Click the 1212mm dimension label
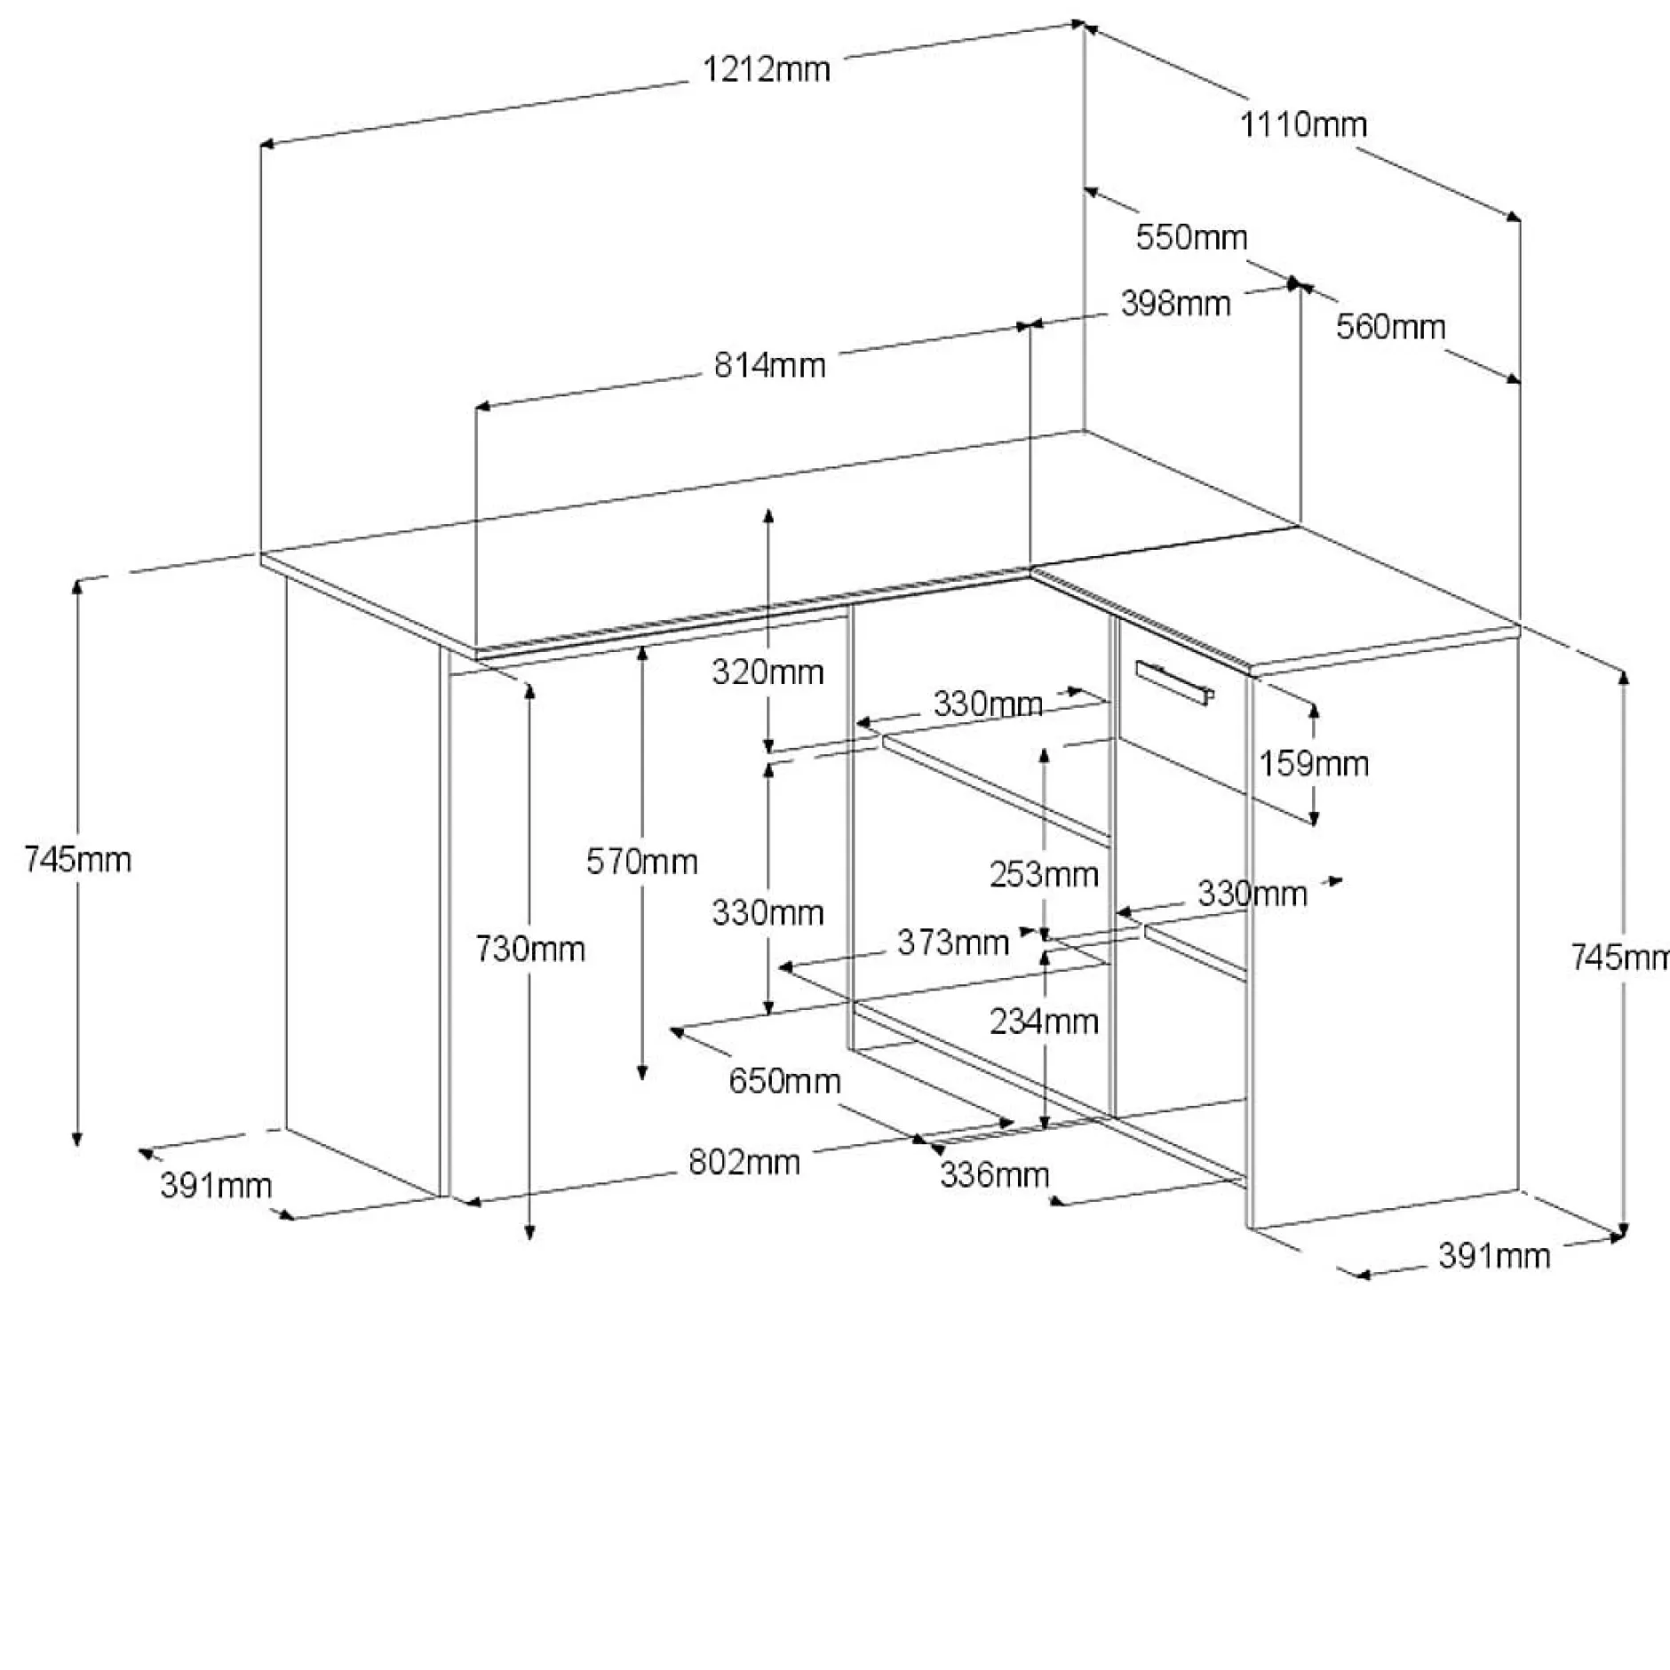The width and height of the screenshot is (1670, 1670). [x=767, y=68]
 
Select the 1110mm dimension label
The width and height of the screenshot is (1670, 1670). [x=1303, y=124]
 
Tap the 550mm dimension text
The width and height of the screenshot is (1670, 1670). [x=1192, y=237]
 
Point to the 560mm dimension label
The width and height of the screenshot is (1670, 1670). [x=1391, y=326]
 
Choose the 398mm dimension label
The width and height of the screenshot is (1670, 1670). [x=1175, y=304]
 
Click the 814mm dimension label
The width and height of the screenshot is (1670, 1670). [x=770, y=365]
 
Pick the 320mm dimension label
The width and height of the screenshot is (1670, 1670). [x=767, y=672]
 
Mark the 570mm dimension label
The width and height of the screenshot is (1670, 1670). [x=642, y=861]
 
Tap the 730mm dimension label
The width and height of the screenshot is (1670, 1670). [x=530, y=950]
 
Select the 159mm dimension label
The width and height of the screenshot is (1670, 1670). [x=1314, y=763]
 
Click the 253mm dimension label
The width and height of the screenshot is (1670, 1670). [x=1045, y=875]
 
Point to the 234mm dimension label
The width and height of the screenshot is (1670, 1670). [x=1045, y=1022]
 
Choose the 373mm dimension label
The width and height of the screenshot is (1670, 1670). [x=953, y=942]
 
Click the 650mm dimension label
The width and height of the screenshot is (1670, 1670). [x=785, y=1081]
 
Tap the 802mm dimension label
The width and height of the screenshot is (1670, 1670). [x=744, y=1162]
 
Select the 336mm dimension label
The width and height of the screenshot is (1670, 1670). [x=995, y=1174]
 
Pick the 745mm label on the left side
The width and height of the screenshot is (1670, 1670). [x=78, y=859]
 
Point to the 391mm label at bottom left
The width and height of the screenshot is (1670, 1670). [x=216, y=1185]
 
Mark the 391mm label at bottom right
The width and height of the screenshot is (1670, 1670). [x=1494, y=1255]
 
